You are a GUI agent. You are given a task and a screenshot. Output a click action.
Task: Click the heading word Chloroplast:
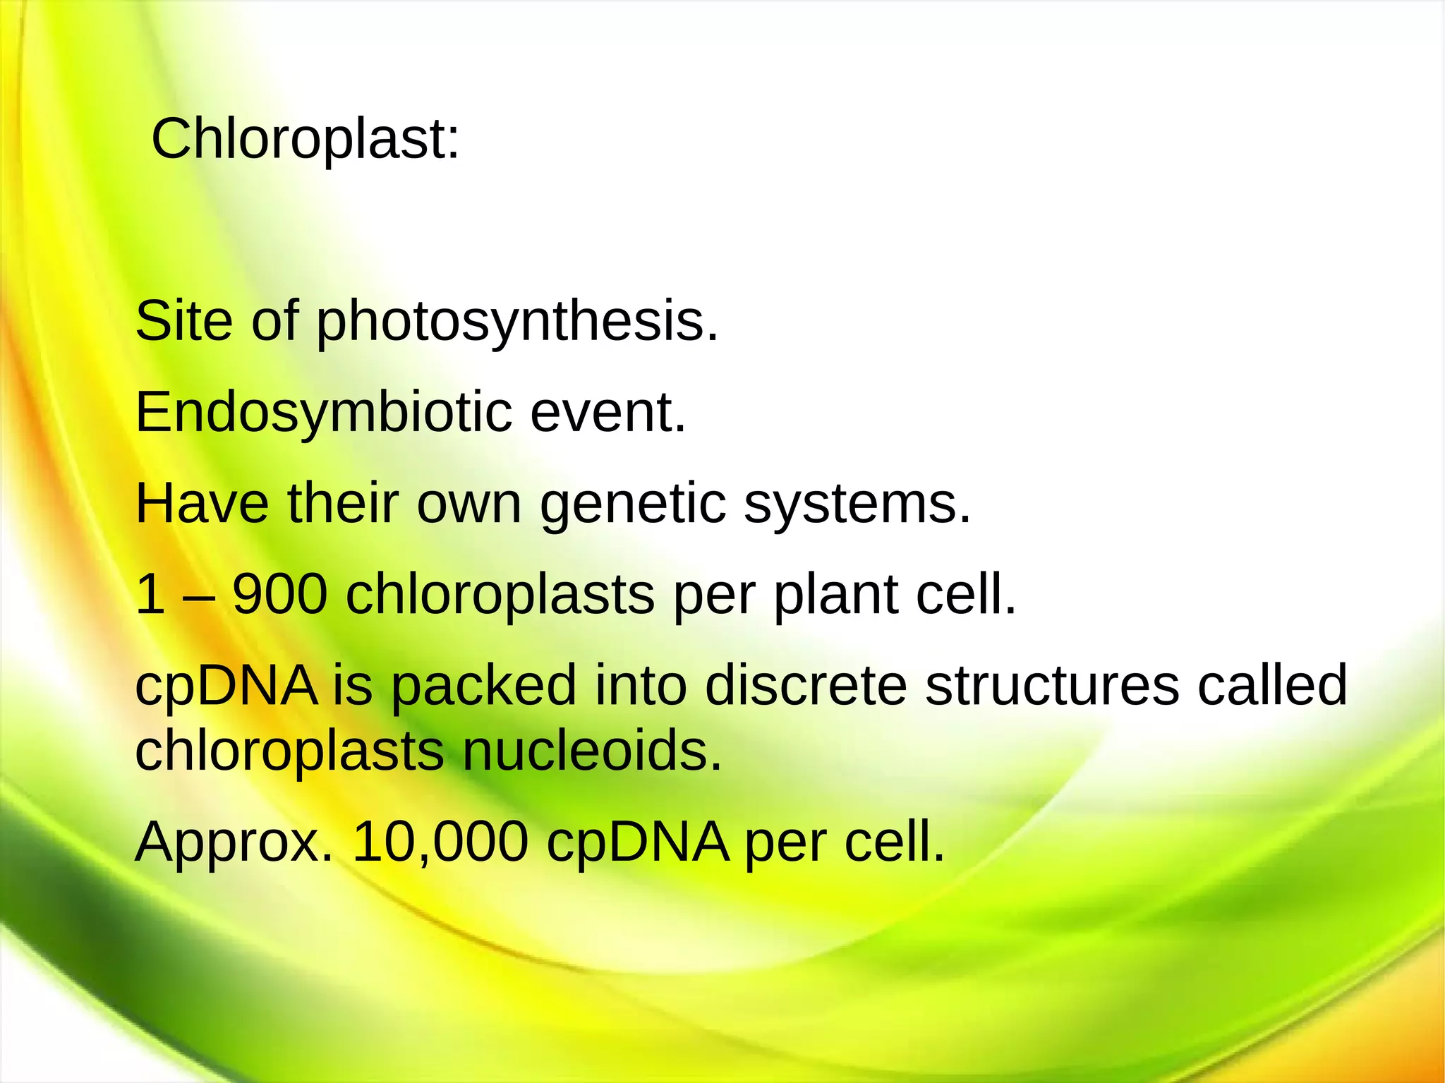pos(305,139)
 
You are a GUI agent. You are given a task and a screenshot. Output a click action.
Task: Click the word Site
pos(183,321)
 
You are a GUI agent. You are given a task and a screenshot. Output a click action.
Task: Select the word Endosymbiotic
pos(323,413)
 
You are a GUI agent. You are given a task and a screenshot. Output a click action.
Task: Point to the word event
pos(607,413)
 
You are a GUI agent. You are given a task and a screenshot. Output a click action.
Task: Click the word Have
pos(202,504)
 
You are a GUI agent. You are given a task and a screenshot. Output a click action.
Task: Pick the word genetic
pos(633,505)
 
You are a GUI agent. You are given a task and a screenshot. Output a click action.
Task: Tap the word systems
pos(857,505)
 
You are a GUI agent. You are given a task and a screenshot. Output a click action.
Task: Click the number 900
pos(279,595)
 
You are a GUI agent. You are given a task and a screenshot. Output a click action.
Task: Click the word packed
pos(483,686)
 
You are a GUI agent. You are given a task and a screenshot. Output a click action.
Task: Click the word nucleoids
pos(592,751)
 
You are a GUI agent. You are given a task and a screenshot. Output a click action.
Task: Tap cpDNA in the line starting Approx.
pos(637,843)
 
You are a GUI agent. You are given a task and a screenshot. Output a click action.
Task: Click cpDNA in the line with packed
pos(226,686)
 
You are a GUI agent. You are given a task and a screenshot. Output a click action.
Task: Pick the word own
pos(468,505)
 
